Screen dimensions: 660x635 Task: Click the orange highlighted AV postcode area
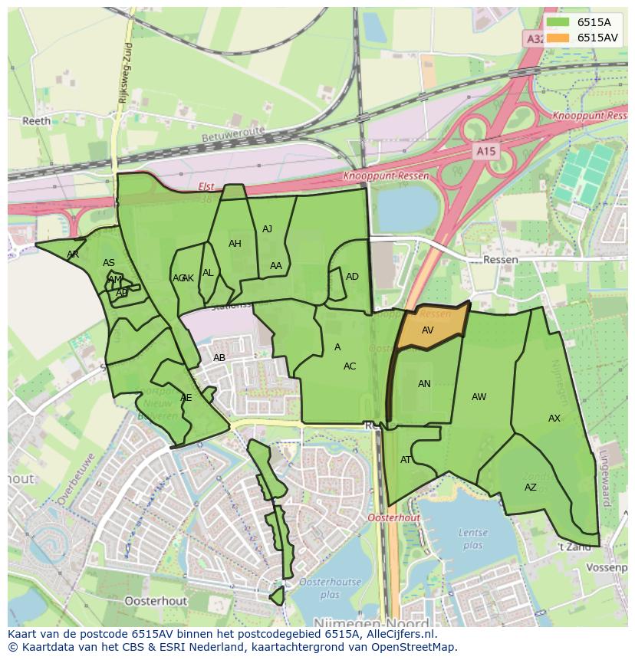[429, 329]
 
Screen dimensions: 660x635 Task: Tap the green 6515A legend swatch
[558, 22]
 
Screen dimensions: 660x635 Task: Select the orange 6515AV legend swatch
[558, 38]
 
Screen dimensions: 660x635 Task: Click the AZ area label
[531, 488]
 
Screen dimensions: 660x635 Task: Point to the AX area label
[554, 419]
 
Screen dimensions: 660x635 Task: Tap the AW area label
[479, 397]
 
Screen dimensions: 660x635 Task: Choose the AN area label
[424, 384]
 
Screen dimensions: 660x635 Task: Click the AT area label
[406, 460]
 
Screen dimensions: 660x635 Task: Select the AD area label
[352, 277]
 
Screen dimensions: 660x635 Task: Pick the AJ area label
[267, 229]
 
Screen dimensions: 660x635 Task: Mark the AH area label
[235, 244]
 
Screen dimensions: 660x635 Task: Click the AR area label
[73, 254]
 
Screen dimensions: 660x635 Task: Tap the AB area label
[219, 358]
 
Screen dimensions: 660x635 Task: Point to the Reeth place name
[36, 121]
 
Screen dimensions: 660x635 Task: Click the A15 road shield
[485, 152]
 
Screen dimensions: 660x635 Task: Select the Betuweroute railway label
[232, 134]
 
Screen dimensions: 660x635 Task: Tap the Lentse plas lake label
[472, 539]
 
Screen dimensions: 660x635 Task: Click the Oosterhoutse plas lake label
[330, 588]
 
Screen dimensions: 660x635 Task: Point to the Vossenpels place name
[606, 567]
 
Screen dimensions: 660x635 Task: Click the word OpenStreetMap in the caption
[415, 647]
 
